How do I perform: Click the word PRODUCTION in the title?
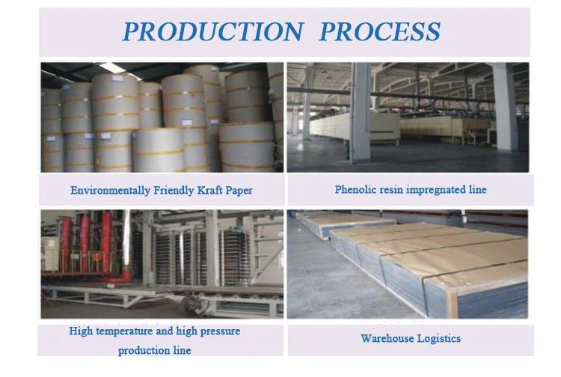pos(214,31)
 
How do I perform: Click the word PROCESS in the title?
pos(380,31)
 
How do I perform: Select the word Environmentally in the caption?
pos(110,191)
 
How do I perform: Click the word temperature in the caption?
pos(124,331)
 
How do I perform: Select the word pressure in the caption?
pos(220,331)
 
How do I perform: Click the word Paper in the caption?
pos(239,191)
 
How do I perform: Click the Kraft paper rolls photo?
pos(162,117)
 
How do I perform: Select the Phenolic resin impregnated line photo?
pos(408,117)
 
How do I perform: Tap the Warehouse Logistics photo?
pos(408,264)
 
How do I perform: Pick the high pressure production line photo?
pos(162,264)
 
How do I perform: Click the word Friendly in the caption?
pos(174,190)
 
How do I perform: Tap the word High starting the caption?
pos(81,331)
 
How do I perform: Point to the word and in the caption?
pos(165,331)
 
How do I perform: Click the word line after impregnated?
pos(478,189)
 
